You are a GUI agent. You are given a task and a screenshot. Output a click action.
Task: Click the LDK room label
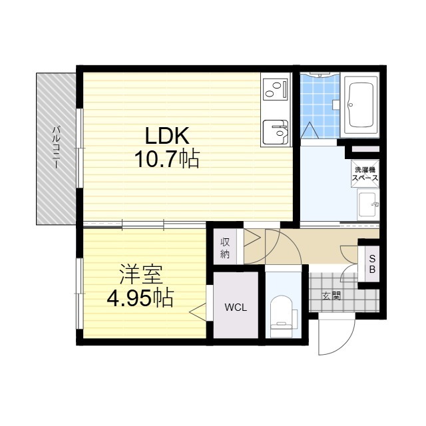[x=167, y=136]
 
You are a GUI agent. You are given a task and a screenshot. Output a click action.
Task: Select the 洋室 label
[x=141, y=275]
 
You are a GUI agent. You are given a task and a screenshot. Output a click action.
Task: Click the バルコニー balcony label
[x=56, y=147]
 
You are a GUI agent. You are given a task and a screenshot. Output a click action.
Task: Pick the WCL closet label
[x=236, y=308]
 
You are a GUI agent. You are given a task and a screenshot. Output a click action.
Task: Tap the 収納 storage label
[x=225, y=248]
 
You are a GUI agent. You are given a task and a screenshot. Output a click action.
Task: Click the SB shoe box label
[x=372, y=264]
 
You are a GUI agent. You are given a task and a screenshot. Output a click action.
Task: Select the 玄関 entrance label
[x=331, y=296]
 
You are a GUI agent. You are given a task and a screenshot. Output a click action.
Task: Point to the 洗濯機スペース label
[x=365, y=174]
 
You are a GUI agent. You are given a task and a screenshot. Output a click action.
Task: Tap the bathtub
[x=361, y=105]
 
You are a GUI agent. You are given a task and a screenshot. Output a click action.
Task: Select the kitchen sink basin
[x=276, y=132]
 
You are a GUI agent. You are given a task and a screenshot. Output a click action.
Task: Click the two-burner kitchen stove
[x=276, y=89]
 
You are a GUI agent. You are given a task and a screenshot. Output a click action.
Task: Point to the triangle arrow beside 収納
[x=252, y=238]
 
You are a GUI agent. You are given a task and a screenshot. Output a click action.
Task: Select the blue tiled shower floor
[x=320, y=106]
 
